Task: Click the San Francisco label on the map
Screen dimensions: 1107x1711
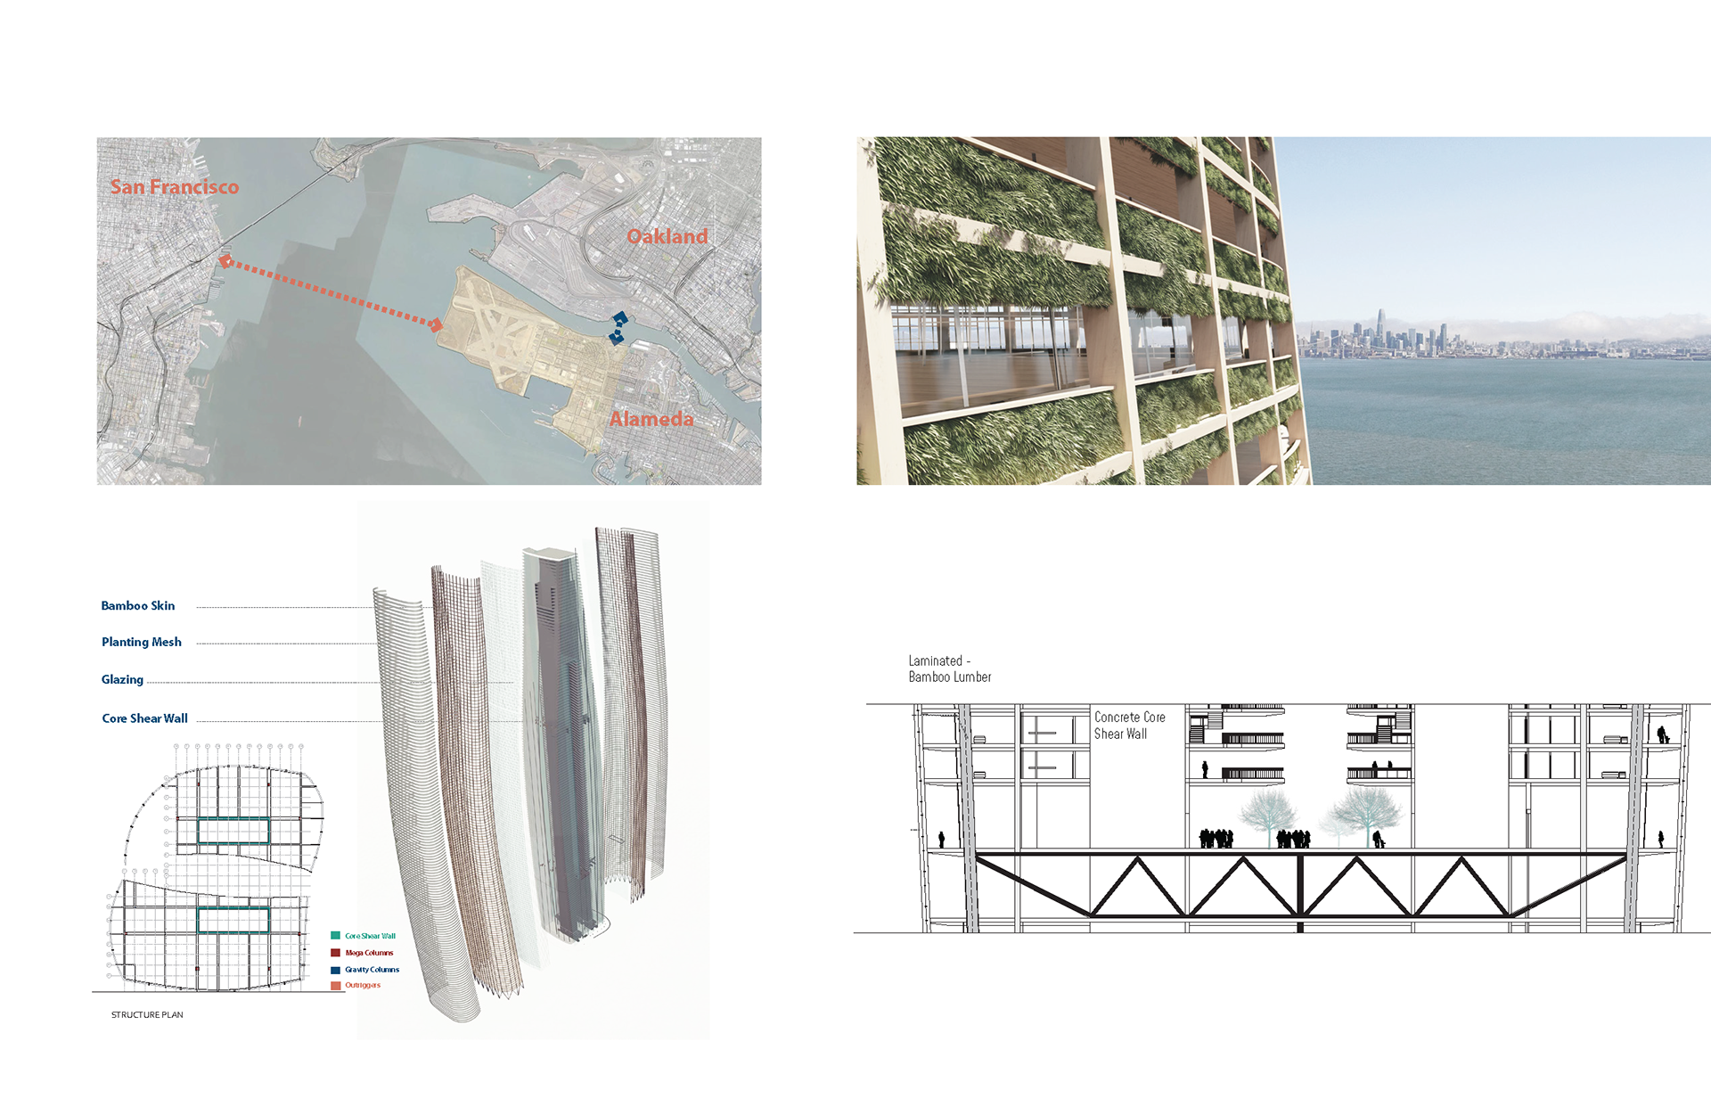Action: pos(175,187)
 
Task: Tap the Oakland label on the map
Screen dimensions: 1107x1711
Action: pos(667,236)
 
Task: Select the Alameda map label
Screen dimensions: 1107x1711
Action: pos(651,419)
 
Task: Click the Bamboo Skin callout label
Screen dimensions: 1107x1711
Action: pos(138,606)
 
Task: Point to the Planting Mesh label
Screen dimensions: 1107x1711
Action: pos(142,643)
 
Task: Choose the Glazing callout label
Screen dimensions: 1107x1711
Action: pos(122,680)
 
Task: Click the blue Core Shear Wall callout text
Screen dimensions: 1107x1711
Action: pos(144,718)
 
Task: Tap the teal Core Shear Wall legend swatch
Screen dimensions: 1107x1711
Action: pos(336,936)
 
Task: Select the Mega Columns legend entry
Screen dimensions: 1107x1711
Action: pos(369,953)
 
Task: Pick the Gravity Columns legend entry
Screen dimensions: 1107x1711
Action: pos(372,970)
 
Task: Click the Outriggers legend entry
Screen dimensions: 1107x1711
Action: pos(363,986)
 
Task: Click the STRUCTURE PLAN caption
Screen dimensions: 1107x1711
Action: pos(147,1015)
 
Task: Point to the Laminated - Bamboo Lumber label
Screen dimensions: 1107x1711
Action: pos(949,669)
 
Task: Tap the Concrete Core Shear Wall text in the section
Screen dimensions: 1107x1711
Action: pos(1129,726)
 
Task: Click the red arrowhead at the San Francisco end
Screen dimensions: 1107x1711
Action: pos(226,261)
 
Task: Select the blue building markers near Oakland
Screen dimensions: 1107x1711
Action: pos(618,328)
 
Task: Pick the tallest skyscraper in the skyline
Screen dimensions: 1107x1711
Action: pos(1379,326)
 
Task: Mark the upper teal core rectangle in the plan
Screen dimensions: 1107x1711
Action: pos(233,832)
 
